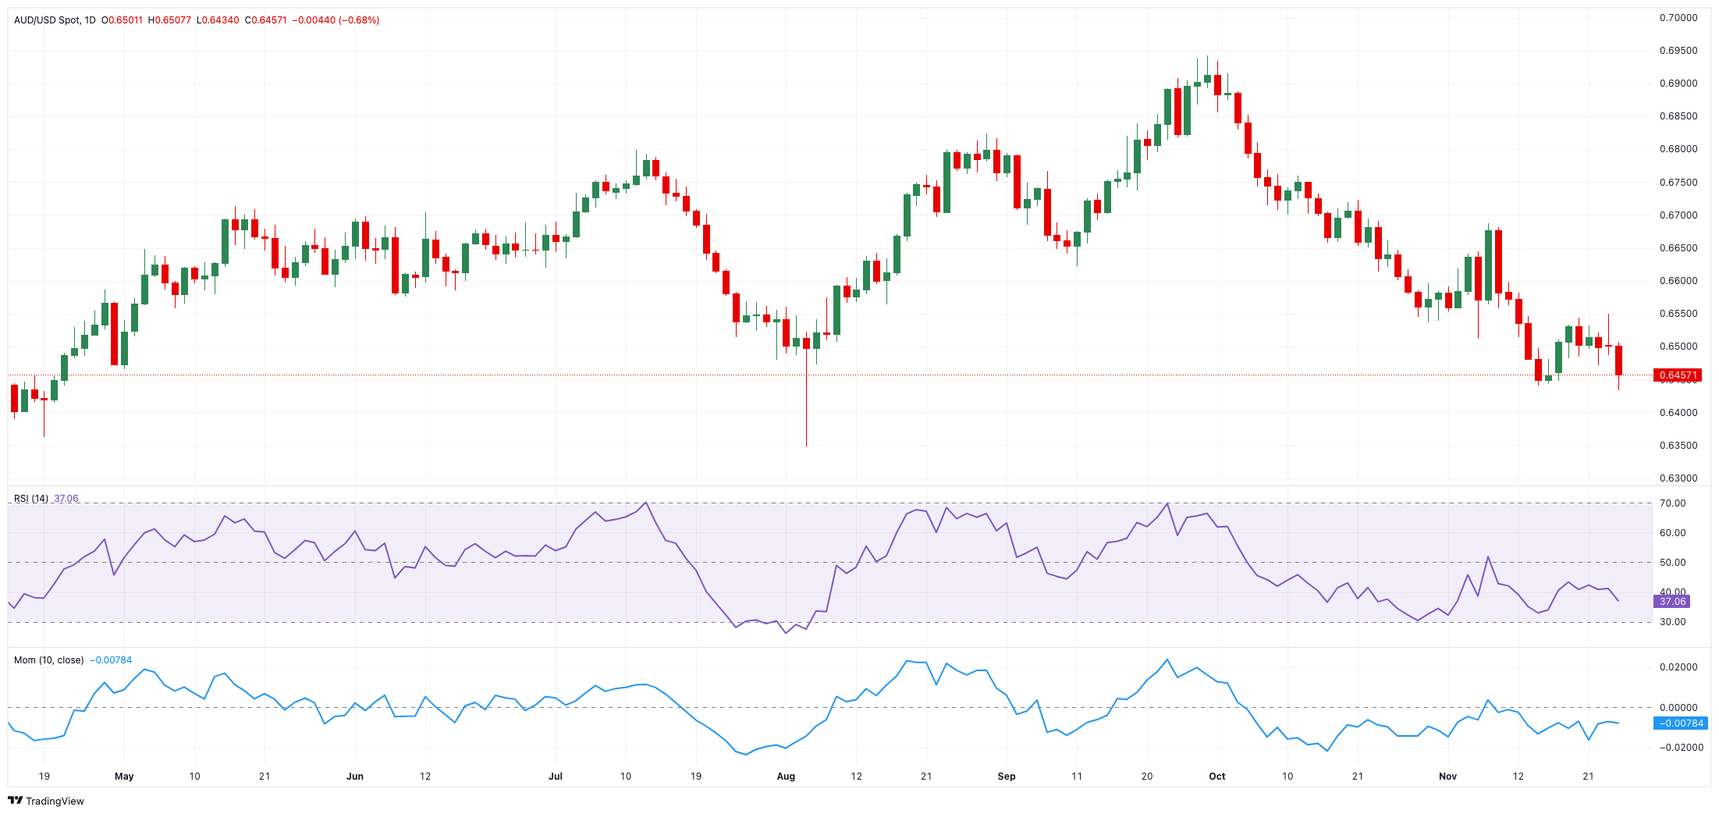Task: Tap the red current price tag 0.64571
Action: pyautogui.click(x=1677, y=375)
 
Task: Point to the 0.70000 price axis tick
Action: pyautogui.click(x=1678, y=18)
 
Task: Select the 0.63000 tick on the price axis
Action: pyautogui.click(x=1678, y=478)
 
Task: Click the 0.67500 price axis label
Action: pyautogui.click(x=1678, y=183)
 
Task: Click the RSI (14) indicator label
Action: pyautogui.click(x=31, y=499)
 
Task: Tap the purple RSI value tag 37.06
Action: pyautogui.click(x=1672, y=602)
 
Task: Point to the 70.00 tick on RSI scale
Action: pyautogui.click(x=1672, y=503)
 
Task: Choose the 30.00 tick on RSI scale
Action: pyautogui.click(x=1672, y=622)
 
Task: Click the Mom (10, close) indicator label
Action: pyautogui.click(x=48, y=660)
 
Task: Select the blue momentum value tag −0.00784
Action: pyautogui.click(x=1681, y=723)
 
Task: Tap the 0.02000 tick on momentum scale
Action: pyautogui.click(x=1678, y=667)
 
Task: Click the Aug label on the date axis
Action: pyautogui.click(x=786, y=777)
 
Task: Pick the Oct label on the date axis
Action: pyautogui.click(x=1216, y=777)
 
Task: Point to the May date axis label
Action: pyautogui.click(x=124, y=777)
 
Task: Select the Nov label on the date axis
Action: pyautogui.click(x=1447, y=777)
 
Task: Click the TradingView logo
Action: pyautogui.click(x=46, y=801)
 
